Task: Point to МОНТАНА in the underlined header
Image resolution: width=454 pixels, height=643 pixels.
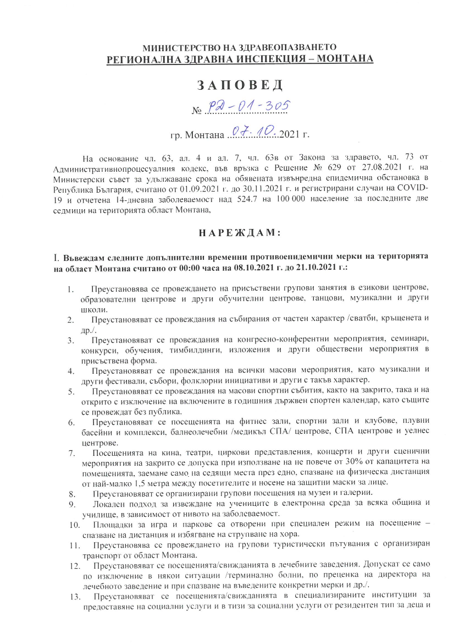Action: [346, 58]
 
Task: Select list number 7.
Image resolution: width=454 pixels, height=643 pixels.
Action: [70, 454]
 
